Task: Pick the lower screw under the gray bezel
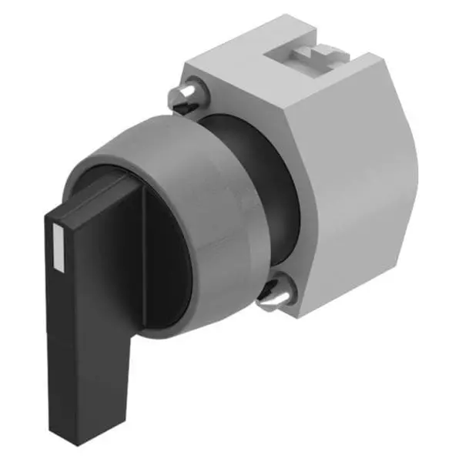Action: tap(273, 293)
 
